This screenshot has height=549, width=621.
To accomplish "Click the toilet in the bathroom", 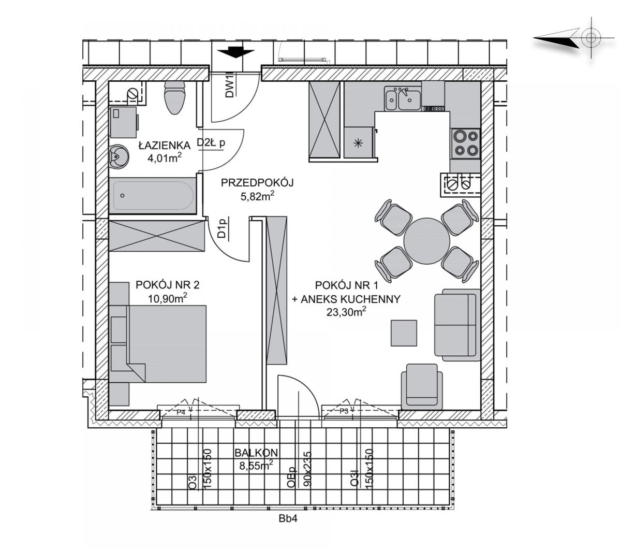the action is [x=174, y=97].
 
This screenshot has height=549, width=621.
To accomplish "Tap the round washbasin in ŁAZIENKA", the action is [x=119, y=156].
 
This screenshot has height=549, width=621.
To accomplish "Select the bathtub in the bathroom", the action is [x=153, y=195].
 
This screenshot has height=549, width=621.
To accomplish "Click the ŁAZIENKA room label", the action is [x=164, y=145].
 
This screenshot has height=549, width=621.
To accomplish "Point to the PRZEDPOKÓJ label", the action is [x=257, y=183].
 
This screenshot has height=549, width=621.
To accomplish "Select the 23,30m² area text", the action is [x=346, y=312].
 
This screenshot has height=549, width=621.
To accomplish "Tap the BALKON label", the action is [x=256, y=453].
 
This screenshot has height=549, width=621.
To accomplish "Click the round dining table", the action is [x=426, y=241].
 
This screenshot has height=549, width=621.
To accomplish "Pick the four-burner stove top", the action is [x=466, y=143].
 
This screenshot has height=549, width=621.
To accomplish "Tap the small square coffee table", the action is [x=404, y=333].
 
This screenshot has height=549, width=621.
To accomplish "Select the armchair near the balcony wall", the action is [x=422, y=387].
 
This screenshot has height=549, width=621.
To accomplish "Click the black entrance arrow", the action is [x=236, y=52].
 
